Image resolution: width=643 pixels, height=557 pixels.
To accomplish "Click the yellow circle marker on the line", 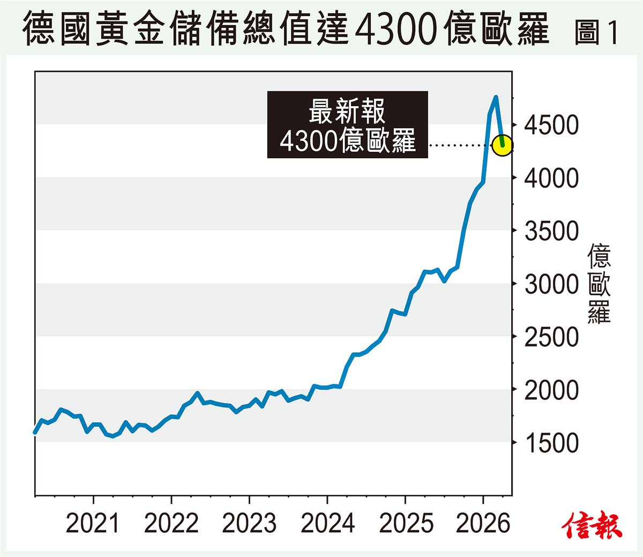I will click(x=503, y=145).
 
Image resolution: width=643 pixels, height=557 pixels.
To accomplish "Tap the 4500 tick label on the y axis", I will click(x=551, y=125).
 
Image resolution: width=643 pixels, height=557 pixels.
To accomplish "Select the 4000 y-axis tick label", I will click(x=551, y=178).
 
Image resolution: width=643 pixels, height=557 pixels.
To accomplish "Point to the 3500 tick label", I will click(x=551, y=232).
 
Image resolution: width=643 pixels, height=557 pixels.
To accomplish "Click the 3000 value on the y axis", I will click(x=551, y=284).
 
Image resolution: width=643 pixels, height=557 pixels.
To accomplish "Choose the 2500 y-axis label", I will click(x=551, y=337).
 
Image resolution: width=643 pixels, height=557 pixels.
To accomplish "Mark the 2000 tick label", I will click(x=551, y=390).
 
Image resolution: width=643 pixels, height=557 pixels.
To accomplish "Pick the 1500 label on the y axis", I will click(x=551, y=443).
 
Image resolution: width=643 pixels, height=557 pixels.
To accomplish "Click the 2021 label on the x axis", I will click(x=93, y=523).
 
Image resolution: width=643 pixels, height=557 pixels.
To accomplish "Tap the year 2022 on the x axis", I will click(x=171, y=523).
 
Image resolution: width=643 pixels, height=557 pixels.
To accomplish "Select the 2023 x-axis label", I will click(x=249, y=523).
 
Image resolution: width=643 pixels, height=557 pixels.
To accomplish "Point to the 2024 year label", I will click(x=327, y=523).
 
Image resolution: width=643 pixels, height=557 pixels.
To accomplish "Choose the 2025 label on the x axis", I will click(x=406, y=523).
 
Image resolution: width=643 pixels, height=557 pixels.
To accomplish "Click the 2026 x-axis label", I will click(x=483, y=523).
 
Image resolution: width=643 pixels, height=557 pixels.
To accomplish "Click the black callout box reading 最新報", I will click(x=347, y=125).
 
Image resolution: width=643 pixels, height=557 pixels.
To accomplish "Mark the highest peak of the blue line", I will click(x=496, y=98).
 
